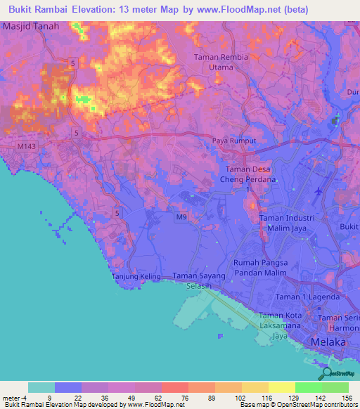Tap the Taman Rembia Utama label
pyautogui.click(x=222, y=63)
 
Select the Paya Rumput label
pyautogui.click(x=234, y=141)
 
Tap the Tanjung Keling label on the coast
pyautogui.click(x=136, y=277)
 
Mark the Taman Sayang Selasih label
pyautogui.click(x=200, y=281)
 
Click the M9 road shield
pyautogui.click(x=181, y=218)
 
